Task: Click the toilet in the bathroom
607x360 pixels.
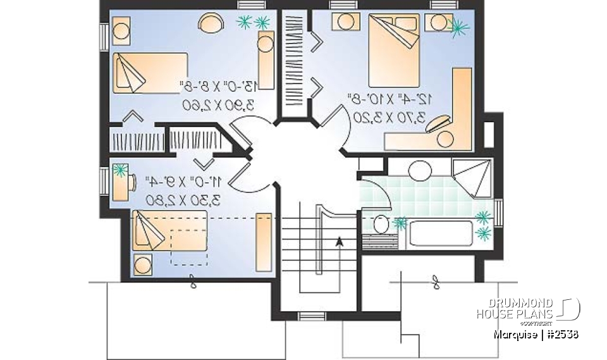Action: [x=381, y=225]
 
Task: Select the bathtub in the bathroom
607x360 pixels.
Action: [x=441, y=233]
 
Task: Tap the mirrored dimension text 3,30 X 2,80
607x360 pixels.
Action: [x=182, y=200]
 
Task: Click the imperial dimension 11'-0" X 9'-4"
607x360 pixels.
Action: [x=182, y=182]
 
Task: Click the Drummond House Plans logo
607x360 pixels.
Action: [x=527, y=309]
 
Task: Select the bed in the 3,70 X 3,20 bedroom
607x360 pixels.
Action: [x=393, y=49]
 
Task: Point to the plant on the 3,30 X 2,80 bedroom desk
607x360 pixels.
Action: [x=120, y=170]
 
